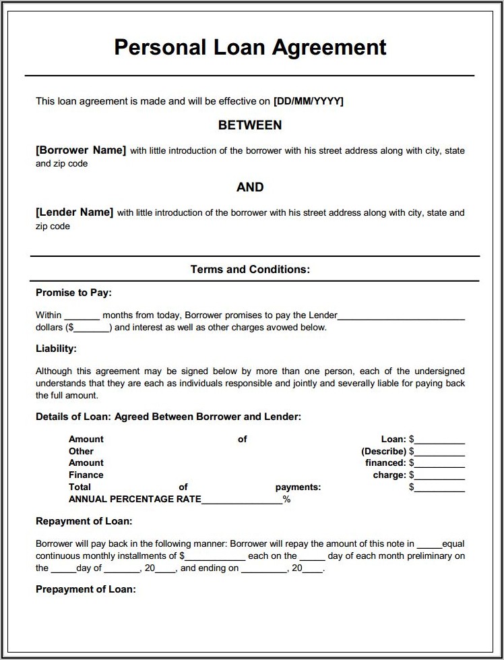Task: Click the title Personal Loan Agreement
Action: coord(250,48)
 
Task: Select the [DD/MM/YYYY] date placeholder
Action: coord(309,101)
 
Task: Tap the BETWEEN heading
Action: coord(250,125)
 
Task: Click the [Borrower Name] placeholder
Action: coord(81,150)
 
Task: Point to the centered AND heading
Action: coord(250,187)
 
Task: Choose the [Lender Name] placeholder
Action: coord(74,212)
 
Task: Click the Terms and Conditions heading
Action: coord(250,270)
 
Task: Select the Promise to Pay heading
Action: coord(73,293)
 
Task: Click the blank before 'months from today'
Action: coord(82,316)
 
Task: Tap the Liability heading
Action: coord(56,349)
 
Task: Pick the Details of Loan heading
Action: coord(168,417)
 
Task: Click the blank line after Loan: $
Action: coord(440,441)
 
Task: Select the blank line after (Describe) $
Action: coord(440,453)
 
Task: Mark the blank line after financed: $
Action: coord(440,464)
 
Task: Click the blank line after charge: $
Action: coord(440,477)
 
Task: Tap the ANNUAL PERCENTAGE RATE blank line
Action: coord(241,502)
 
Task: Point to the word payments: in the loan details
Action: coord(298,487)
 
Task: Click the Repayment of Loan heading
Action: coord(84,521)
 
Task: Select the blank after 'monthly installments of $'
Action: coord(215,558)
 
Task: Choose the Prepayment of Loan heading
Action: coord(86,589)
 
